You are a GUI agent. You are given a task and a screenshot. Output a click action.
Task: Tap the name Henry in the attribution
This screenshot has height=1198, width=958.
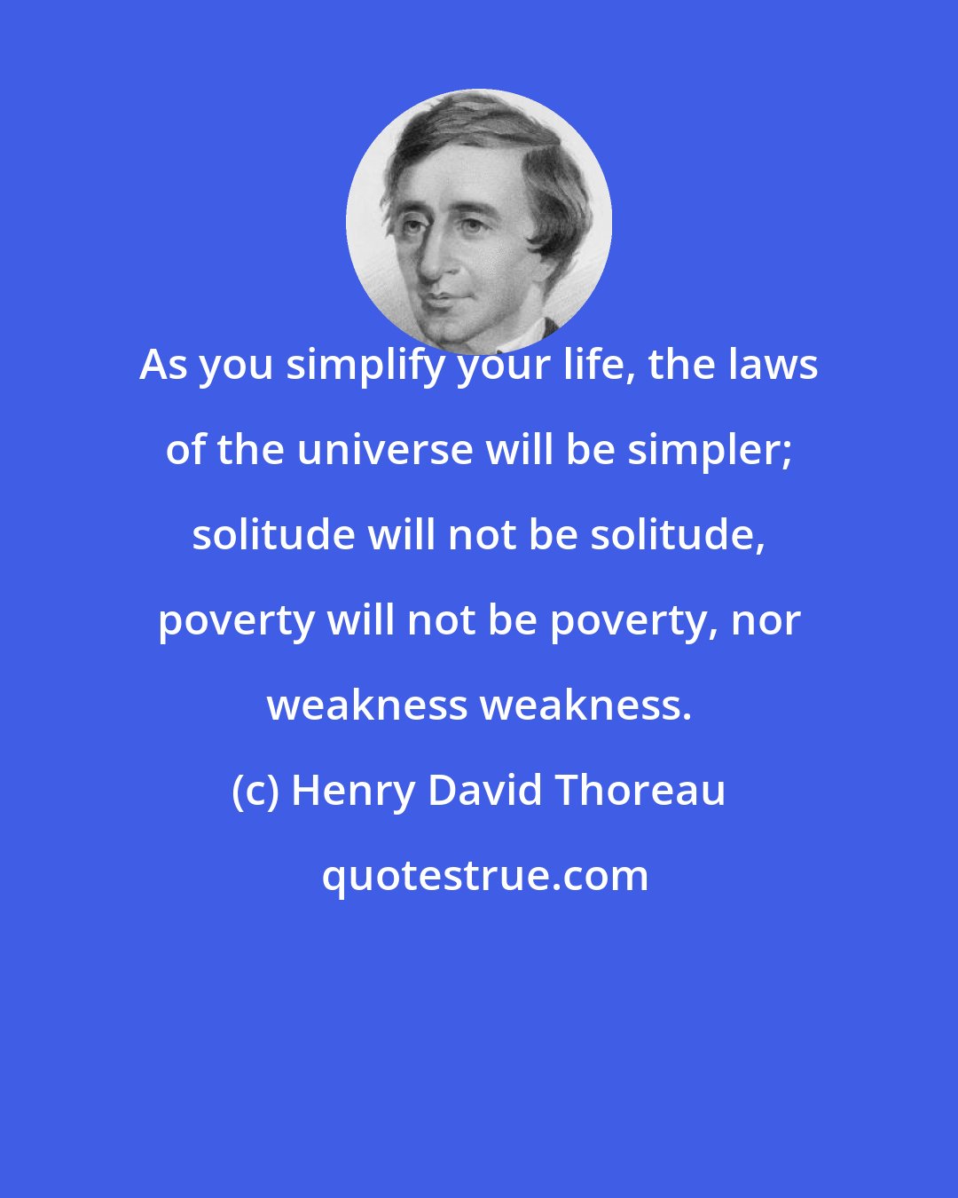(352, 791)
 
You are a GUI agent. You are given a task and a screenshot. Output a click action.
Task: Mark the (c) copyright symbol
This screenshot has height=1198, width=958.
(255, 791)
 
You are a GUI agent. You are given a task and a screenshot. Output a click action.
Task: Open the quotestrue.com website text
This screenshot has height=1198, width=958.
(484, 876)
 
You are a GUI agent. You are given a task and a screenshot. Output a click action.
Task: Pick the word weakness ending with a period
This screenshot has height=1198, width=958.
(585, 705)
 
